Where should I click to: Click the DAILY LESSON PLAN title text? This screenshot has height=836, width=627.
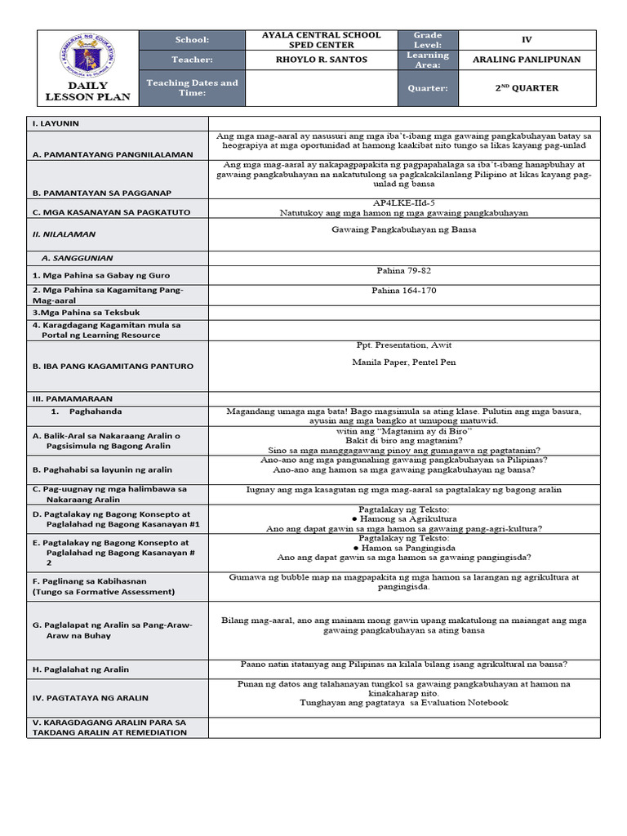click(x=88, y=91)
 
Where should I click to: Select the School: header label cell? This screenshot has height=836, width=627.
click(x=192, y=39)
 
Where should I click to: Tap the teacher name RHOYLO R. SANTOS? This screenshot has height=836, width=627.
click(x=321, y=60)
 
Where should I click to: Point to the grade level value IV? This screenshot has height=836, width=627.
click(x=527, y=39)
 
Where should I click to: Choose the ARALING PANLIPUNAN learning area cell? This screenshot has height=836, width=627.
click(x=527, y=60)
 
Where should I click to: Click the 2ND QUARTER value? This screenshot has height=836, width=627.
click(x=527, y=88)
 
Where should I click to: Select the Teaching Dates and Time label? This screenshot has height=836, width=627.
click(x=192, y=88)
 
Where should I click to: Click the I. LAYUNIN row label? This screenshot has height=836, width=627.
click(x=55, y=123)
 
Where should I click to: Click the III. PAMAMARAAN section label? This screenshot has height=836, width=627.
click(x=66, y=398)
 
